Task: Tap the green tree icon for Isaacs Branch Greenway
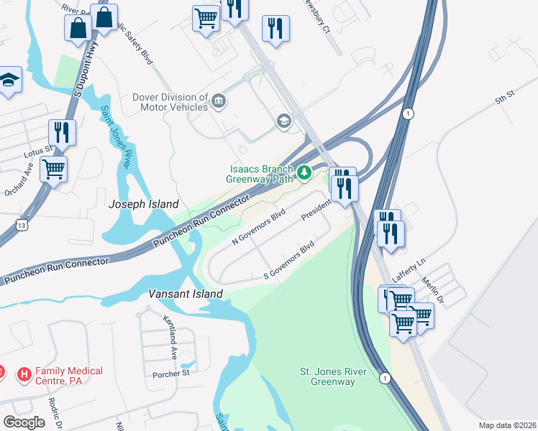(x=304, y=172)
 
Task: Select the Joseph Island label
(x=142, y=205)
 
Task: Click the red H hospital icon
(x=24, y=374)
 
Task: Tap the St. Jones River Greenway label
(x=333, y=376)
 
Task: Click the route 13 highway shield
(x=24, y=226)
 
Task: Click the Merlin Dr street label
(x=434, y=290)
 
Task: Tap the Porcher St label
(x=170, y=374)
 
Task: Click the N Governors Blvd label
(x=259, y=227)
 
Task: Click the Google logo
(x=24, y=422)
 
